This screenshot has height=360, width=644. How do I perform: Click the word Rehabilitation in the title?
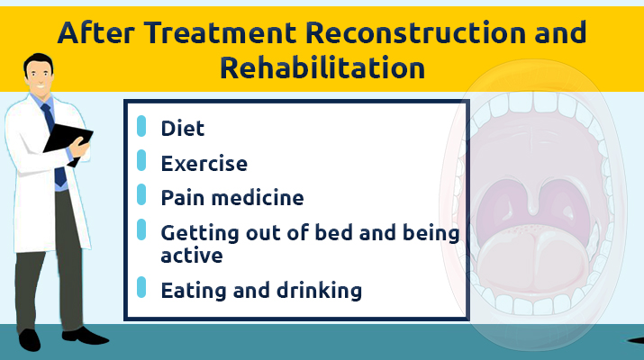click(x=322, y=67)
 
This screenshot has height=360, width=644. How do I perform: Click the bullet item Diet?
click(x=182, y=129)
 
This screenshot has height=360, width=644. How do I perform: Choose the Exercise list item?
click(x=204, y=164)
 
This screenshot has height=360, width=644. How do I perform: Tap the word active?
click(x=192, y=256)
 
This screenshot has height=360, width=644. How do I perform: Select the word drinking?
click(x=319, y=290)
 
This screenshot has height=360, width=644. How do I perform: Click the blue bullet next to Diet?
click(x=141, y=126)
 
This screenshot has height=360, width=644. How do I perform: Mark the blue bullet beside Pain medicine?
click(x=141, y=194)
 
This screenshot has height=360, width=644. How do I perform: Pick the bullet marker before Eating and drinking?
click(x=141, y=287)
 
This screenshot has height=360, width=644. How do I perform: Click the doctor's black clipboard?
click(x=68, y=141)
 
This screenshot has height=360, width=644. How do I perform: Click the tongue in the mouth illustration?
click(x=532, y=258)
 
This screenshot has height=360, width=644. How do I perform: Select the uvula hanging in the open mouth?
click(x=532, y=201)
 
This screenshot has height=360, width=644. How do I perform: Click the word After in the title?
click(x=95, y=32)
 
